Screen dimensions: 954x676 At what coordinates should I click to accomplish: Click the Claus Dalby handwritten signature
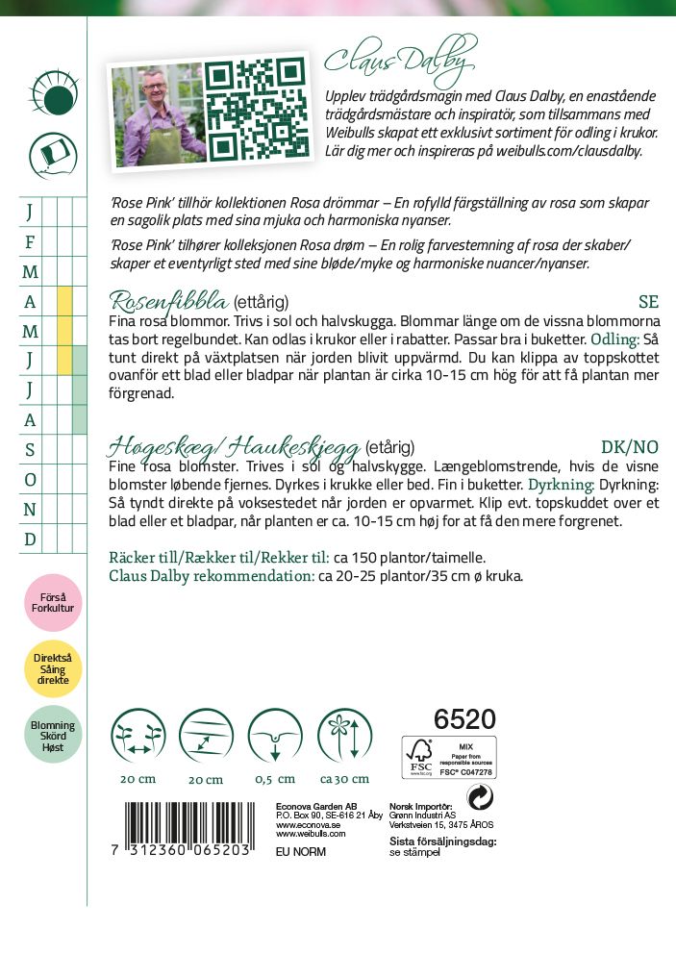click(x=400, y=60)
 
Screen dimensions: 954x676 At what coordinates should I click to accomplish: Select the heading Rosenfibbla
click(x=166, y=301)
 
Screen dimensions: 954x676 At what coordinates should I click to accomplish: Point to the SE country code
click(x=648, y=302)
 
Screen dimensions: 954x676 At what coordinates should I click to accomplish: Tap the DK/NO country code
click(x=629, y=446)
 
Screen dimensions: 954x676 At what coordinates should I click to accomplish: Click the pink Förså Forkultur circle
click(x=52, y=602)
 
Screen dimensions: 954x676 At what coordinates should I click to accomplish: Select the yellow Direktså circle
click(x=52, y=669)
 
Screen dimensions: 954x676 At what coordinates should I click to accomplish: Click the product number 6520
click(x=464, y=719)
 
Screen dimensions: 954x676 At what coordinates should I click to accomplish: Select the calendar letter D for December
click(x=30, y=539)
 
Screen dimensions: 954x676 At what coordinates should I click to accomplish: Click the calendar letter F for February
click(x=30, y=242)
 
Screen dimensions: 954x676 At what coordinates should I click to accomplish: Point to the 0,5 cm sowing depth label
click(x=275, y=778)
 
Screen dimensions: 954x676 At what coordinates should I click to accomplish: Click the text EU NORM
click(x=301, y=851)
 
